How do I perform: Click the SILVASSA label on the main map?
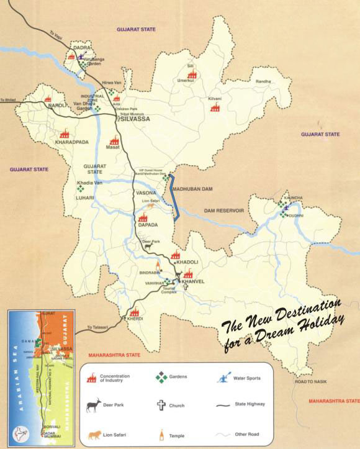[135, 118]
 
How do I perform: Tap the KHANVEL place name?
[192, 281]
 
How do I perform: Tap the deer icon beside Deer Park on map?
[148, 247]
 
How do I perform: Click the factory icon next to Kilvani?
[215, 108]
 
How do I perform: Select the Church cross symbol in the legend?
[161, 405]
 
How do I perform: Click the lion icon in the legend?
[94, 434]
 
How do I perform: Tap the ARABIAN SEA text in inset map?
[16, 373]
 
